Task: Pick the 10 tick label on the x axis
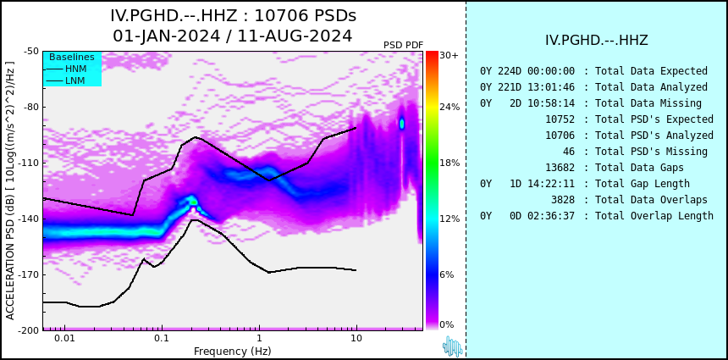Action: pos(356,338)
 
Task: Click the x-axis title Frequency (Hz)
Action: pos(232,351)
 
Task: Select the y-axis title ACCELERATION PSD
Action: pos(10,191)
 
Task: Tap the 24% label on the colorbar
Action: pos(449,107)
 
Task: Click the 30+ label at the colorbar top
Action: pos(449,55)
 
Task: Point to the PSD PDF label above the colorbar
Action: pos(404,45)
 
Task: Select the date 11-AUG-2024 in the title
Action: pos(295,36)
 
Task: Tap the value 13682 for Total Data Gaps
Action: pos(560,167)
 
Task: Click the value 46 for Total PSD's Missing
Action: pos(568,152)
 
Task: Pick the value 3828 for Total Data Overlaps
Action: pos(563,200)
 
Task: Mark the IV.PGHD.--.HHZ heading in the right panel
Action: pos(597,41)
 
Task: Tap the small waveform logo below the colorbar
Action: pos(453,346)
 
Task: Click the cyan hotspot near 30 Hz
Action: pos(402,123)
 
